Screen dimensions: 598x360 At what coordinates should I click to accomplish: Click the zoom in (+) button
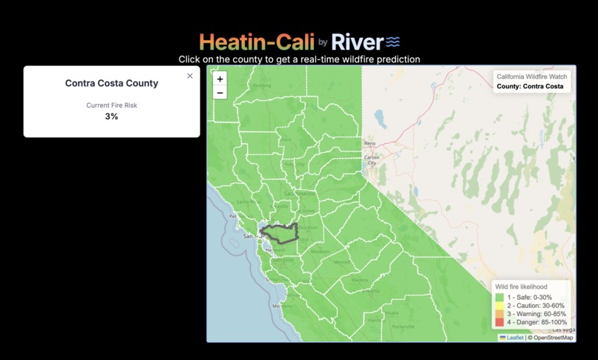[x=220, y=79]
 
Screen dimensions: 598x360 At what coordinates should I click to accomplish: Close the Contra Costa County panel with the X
[x=190, y=76]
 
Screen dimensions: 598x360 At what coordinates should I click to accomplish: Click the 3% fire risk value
[x=111, y=117]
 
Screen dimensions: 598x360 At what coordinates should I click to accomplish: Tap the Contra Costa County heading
[x=111, y=83]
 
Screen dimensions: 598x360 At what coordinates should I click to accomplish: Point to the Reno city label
[x=369, y=143]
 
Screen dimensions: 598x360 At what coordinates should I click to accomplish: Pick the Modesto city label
[x=321, y=252]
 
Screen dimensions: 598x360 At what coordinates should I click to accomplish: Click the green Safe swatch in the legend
[x=500, y=298]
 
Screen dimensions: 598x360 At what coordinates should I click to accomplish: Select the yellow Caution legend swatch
[x=500, y=306]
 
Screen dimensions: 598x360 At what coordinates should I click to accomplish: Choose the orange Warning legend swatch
[x=500, y=314]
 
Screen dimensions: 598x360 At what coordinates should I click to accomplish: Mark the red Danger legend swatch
[x=500, y=322]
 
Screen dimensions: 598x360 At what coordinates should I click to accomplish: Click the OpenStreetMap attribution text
[x=551, y=338]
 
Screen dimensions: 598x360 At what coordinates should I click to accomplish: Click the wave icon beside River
[x=392, y=42]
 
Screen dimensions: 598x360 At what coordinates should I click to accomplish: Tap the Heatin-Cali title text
[x=257, y=42]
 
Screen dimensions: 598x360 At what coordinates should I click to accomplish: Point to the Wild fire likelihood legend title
[x=521, y=287]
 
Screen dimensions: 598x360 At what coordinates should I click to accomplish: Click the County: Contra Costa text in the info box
[x=530, y=86]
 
